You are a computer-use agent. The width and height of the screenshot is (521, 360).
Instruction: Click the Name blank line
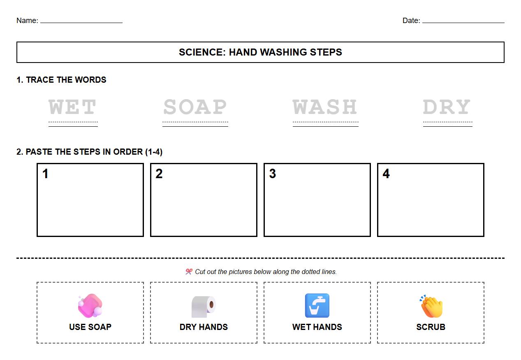tap(81, 22)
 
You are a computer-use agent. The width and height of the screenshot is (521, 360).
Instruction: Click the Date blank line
tap(463, 22)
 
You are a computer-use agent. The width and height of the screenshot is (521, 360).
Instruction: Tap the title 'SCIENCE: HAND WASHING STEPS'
tap(260, 52)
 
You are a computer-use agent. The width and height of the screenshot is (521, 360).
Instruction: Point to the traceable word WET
tap(72, 107)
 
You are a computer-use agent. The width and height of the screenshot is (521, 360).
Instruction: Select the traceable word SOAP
tap(195, 107)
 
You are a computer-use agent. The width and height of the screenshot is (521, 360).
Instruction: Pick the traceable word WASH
tap(325, 107)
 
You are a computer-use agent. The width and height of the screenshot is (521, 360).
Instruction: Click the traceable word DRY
tap(447, 107)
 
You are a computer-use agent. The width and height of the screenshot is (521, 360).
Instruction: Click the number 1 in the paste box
tap(45, 174)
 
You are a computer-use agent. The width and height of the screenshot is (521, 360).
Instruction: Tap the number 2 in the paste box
tap(159, 174)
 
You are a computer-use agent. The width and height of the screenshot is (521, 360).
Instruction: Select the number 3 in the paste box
tap(273, 174)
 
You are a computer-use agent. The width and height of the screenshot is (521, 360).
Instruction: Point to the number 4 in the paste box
tap(386, 174)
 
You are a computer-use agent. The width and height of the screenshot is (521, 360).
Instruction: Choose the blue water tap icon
tap(317, 306)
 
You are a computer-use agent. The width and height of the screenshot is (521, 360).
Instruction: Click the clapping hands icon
tap(431, 307)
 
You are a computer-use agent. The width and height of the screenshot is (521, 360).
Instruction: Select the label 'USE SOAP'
tap(90, 327)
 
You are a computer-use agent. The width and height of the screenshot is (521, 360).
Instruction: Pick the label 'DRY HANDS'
tap(204, 327)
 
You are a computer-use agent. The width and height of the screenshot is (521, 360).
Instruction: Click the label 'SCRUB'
tap(431, 327)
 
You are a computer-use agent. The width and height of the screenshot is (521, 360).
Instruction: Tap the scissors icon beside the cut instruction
tap(189, 272)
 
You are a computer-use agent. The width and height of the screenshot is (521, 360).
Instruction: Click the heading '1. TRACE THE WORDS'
tap(61, 80)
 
